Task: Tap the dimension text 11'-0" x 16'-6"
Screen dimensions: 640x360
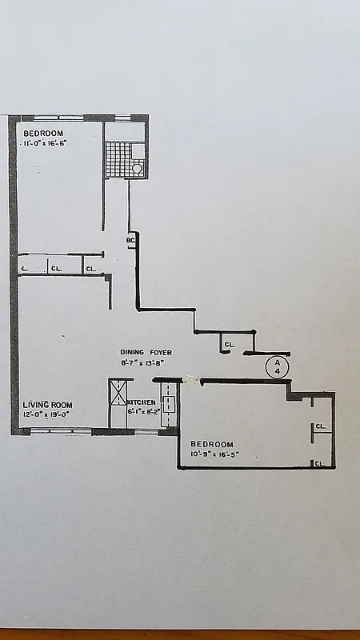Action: (45, 143)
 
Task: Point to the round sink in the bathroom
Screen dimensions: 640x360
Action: (137, 168)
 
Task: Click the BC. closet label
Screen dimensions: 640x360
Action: (130, 240)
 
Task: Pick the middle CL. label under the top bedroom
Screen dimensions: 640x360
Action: (56, 269)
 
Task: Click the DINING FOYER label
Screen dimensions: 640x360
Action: (146, 352)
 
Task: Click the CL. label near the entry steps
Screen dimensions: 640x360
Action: (229, 345)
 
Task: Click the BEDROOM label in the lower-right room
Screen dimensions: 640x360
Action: (212, 444)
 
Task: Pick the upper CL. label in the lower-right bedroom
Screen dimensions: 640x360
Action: (321, 426)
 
